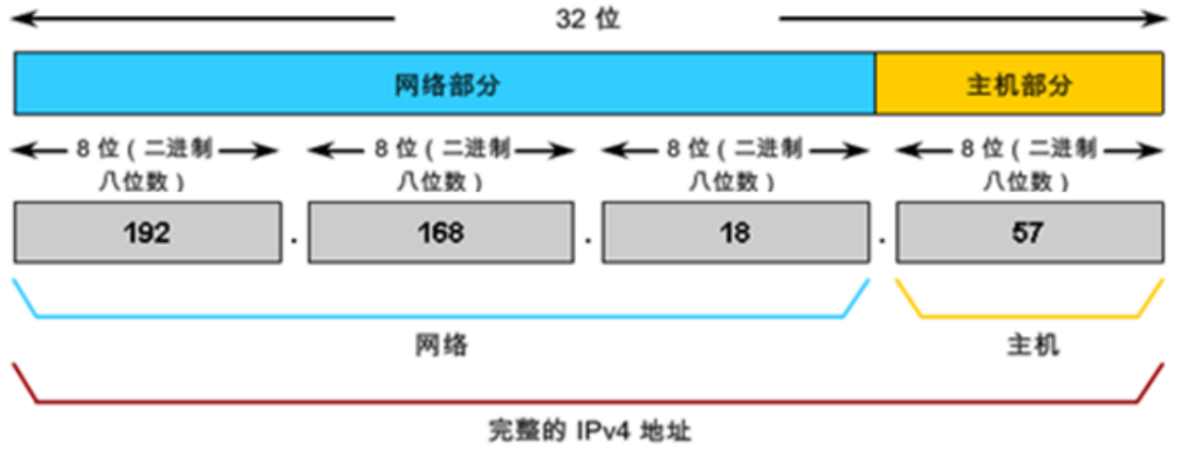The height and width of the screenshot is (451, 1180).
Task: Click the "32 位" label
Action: tap(587, 19)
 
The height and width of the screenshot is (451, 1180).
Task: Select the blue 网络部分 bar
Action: tap(445, 85)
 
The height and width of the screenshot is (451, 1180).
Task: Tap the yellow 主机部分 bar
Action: tap(1019, 85)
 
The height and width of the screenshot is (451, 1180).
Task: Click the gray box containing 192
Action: tap(147, 233)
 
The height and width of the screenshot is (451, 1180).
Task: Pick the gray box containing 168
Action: tap(440, 233)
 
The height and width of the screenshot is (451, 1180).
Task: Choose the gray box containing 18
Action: tap(734, 233)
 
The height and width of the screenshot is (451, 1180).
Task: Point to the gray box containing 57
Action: tap(1028, 233)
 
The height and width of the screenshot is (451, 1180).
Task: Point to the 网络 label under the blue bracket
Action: tap(441, 346)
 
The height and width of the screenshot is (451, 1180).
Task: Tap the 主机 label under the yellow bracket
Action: tap(1032, 346)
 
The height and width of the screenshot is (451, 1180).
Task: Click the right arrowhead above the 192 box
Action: tap(273, 150)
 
